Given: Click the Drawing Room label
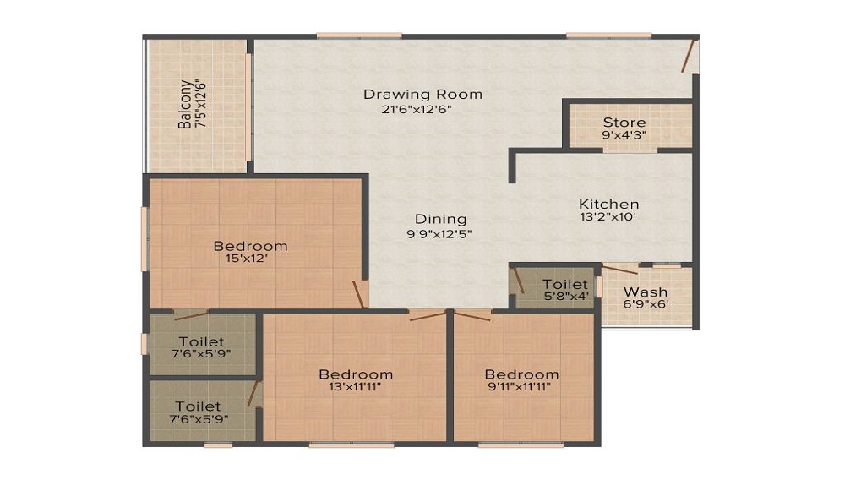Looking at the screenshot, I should tap(422, 94).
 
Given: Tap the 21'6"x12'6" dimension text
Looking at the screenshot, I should tap(417, 108).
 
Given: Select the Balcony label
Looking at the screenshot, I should tap(185, 104).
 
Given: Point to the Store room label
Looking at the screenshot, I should tap(624, 123).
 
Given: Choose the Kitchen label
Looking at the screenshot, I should tap(608, 204).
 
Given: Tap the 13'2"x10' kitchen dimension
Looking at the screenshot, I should tap(608, 217).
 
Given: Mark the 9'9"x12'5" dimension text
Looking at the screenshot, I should tap(439, 234).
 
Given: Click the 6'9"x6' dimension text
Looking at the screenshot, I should tap(646, 305).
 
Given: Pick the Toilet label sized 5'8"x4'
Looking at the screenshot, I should tap(565, 285).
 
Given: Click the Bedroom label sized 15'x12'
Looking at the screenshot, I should tap(250, 246).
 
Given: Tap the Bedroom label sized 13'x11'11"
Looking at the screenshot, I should tap(355, 374).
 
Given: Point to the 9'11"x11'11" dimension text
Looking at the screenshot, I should tap(521, 388).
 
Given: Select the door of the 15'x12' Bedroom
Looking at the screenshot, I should tap(360, 293).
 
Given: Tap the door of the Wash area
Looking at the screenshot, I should tap(620, 270).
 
